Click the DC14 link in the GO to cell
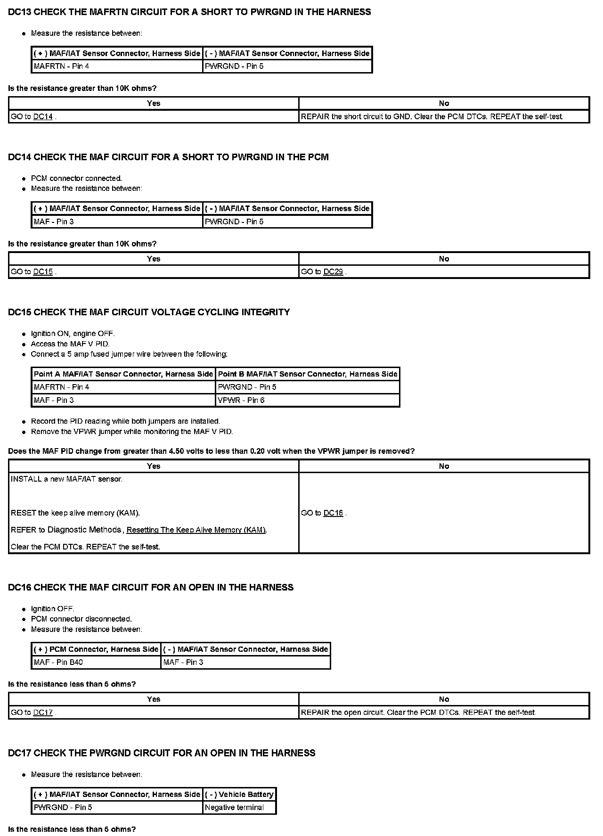43,117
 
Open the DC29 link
333,272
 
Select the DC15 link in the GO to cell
43,272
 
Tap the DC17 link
43,713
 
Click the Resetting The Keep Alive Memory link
196,530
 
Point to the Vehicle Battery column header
239,794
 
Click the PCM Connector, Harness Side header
96,649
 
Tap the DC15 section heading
149,312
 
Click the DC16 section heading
151,587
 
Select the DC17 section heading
162,753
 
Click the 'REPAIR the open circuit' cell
418,713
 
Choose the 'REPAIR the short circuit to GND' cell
432,117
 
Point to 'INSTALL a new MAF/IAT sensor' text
66,479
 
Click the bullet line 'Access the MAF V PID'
70,344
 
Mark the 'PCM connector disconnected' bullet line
81,619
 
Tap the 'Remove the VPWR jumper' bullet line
132,432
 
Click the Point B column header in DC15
308,374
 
